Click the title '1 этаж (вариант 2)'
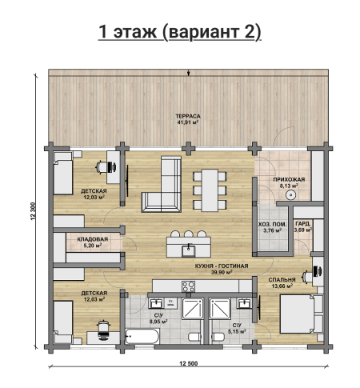tap(179, 32)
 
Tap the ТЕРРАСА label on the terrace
tap(188, 116)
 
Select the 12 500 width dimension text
tap(189, 363)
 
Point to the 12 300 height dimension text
tap(33, 211)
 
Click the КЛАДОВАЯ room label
tap(93, 239)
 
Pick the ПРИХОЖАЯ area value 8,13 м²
tap(289, 186)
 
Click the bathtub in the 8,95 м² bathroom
tap(142, 336)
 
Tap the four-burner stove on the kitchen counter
tap(188, 286)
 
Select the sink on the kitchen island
tap(189, 251)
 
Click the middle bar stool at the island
tap(189, 234)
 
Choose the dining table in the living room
tap(210, 190)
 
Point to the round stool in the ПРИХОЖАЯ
tap(290, 195)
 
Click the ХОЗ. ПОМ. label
tap(272, 224)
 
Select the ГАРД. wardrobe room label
tap(302, 223)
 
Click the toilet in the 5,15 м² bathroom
tap(218, 337)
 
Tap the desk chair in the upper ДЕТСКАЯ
tap(102, 167)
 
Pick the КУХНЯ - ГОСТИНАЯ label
tap(222, 266)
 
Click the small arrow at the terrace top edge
tap(189, 73)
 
